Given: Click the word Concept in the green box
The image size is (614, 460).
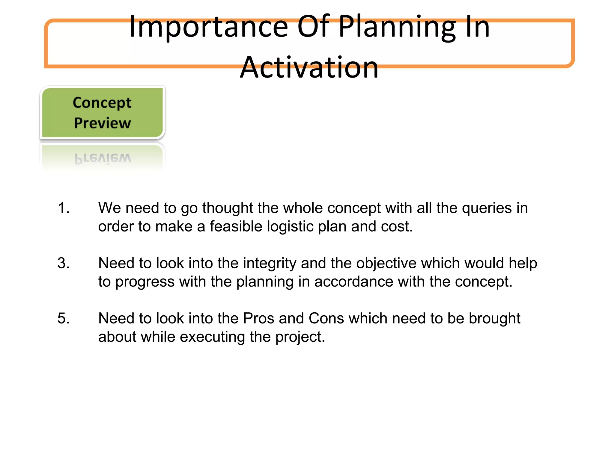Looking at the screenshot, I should [102, 103].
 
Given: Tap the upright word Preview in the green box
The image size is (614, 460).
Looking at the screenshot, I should [102, 123].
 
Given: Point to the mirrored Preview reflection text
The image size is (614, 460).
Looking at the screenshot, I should [103, 158].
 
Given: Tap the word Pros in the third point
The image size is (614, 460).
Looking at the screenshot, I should [258, 318].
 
